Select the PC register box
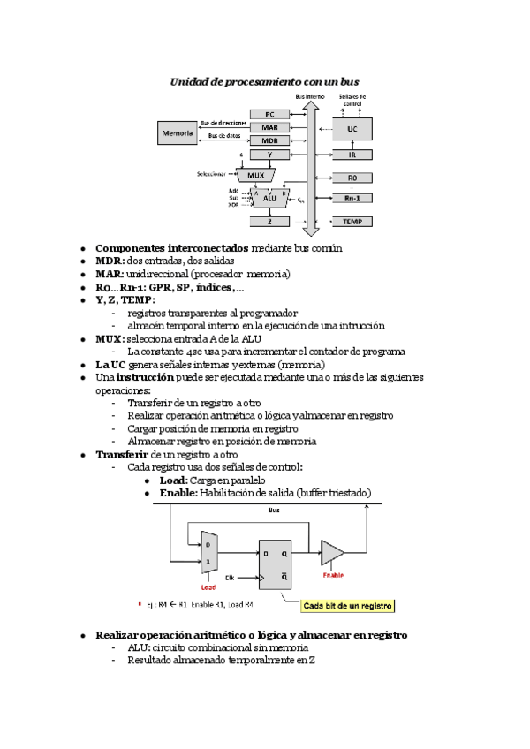[x=270, y=115]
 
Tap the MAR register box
[x=270, y=128]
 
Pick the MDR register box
[x=270, y=141]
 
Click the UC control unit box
[x=352, y=129]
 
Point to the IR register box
[x=352, y=155]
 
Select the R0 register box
[x=352, y=178]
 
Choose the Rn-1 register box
[x=352, y=199]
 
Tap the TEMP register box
[x=352, y=222]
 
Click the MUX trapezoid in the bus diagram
[x=256, y=175]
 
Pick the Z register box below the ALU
[x=270, y=222]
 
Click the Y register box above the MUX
[x=270, y=155]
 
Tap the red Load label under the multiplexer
[x=208, y=586]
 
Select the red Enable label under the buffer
[x=332, y=575]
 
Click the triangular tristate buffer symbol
[x=332, y=553]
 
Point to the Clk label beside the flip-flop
[x=230, y=577]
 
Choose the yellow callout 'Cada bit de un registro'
[x=347, y=606]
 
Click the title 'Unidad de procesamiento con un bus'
[x=264, y=81]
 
